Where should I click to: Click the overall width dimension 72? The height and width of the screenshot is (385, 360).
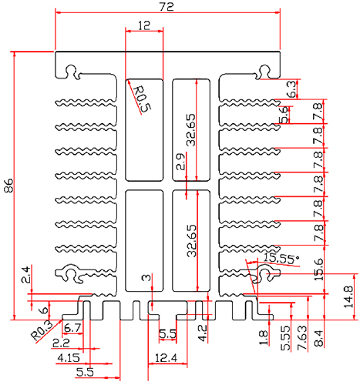(167, 7)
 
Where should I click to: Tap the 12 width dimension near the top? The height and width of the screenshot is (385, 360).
(144, 25)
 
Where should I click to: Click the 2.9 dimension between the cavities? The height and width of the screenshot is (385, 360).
(180, 162)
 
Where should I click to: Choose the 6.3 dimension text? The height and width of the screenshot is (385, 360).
(291, 89)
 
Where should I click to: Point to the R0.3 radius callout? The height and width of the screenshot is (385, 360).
(42, 331)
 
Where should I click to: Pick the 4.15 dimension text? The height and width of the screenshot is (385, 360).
(67, 358)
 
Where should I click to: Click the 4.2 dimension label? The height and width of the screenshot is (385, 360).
(203, 333)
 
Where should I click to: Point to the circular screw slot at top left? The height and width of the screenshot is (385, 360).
(72, 73)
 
